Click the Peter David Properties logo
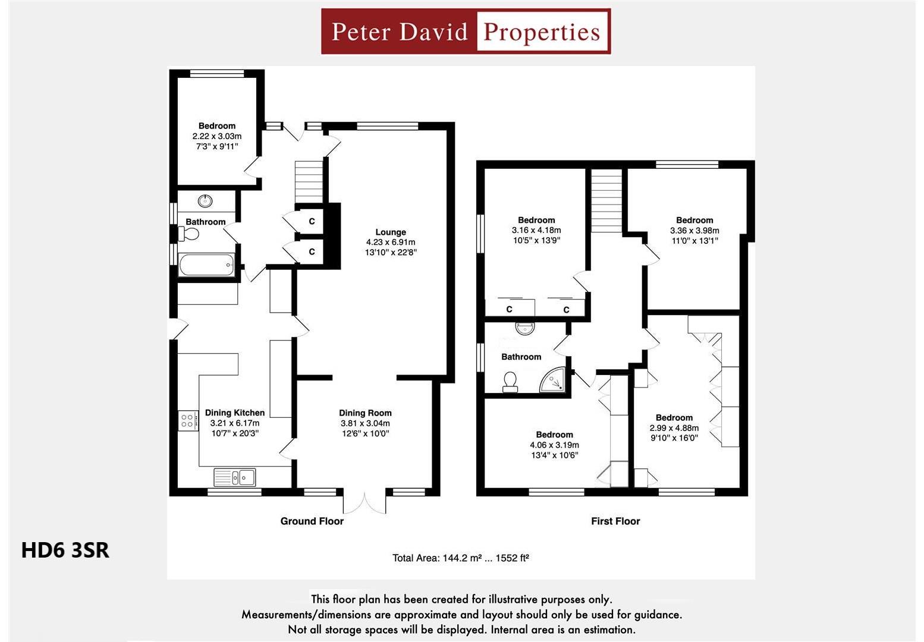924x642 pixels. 466,32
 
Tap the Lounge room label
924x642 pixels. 391,232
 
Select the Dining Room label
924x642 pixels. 365,413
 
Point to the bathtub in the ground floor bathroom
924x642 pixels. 206,265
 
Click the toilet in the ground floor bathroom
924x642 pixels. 190,234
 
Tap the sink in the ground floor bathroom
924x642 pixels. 205,201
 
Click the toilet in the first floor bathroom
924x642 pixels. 510,382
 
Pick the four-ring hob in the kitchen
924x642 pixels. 187,421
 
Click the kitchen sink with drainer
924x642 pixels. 235,477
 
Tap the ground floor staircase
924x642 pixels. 309,181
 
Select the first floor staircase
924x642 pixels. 606,200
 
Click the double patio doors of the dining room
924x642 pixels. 364,503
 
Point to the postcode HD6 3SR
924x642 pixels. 65,550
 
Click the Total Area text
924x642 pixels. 461,558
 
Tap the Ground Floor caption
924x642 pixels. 312,521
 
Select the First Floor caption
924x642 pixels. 615,521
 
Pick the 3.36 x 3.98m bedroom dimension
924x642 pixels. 694,231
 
